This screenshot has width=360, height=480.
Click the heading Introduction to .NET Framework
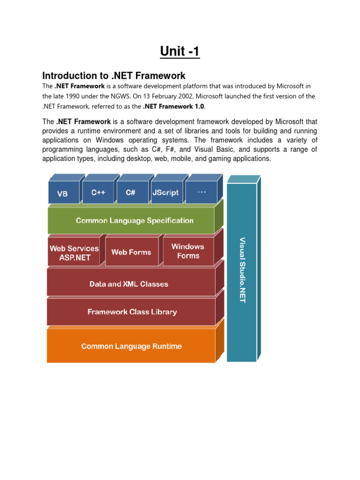click(x=114, y=75)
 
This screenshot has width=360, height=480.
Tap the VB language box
click(x=62, y=193)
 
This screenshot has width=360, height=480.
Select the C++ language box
click(x=98, y=192)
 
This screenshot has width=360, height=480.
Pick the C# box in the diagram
click(x=131, y=192)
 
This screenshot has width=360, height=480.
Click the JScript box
click(x=165, y=192)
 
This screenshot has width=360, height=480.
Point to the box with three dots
click(x=202, y=192)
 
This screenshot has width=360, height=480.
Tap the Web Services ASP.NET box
click(x=74, y=253)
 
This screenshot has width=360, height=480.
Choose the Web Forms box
click(x=131, y=252)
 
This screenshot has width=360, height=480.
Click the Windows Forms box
click(x=188, y=251)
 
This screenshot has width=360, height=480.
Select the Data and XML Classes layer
click(x=129, y=284)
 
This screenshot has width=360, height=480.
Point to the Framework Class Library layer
click(x=132, y=312)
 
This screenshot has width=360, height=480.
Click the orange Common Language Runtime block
click(x=132, y=346)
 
